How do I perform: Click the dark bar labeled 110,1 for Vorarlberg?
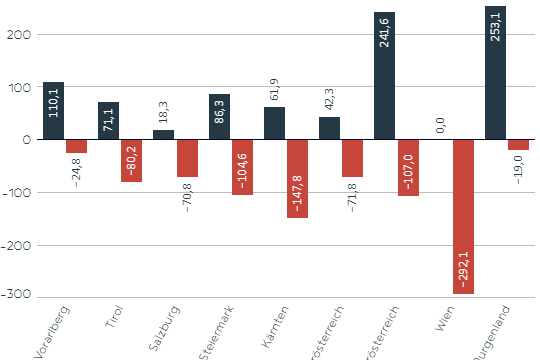click(53, 111)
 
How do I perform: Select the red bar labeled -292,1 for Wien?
click(463, 217)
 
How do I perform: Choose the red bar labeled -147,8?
click(298, 179)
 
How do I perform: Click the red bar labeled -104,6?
click(243, 167)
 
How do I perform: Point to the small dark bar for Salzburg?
click(163, 135)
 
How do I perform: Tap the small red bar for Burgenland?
click(518, 145)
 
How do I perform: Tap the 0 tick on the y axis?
click(28, 140)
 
